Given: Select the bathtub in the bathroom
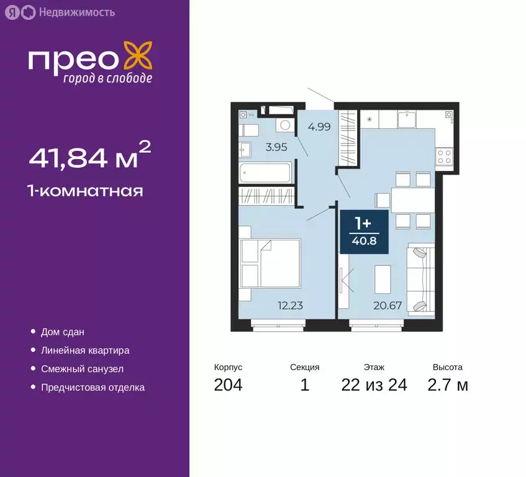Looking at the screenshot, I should point(266,172).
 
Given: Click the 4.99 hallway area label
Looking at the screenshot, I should point(319,127).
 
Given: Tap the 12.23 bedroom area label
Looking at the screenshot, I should point(290,305).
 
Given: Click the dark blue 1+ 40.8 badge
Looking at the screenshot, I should point(364,231).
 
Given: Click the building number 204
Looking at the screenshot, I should point(228,385).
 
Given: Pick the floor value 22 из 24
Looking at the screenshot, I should point(374,385).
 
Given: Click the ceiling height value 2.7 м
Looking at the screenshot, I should point(447,385).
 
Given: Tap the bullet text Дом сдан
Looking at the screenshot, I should point(63,332).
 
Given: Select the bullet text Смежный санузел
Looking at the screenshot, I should point(82,369).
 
